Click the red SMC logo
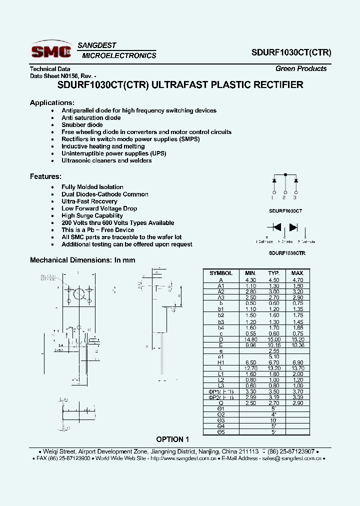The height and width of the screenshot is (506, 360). [50, 51]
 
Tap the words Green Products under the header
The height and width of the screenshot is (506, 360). [301, 69]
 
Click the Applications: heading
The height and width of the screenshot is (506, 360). [52, 102]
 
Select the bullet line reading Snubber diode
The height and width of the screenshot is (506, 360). [82, 125]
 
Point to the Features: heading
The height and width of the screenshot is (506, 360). [45, 176]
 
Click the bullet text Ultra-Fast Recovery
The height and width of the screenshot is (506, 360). [89, 201]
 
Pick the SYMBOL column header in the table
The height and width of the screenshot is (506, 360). [221, 273]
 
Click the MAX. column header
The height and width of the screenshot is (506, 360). [297, 273]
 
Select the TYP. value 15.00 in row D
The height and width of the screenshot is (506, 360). [273, 339]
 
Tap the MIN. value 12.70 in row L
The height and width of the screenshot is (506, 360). [250, 368]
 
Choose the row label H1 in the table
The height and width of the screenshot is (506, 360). [221, 362]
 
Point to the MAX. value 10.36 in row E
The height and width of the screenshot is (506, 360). [297, 345]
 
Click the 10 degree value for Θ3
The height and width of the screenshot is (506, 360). [273, 420]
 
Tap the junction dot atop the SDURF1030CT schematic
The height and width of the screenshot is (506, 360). [285, 174]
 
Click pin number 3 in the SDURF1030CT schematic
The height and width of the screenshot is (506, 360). [295, 198]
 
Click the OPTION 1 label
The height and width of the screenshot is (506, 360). [173, 439]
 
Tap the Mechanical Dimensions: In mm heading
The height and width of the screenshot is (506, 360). [82, 260]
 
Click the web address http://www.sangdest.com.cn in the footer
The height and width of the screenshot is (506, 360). [183, 458]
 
